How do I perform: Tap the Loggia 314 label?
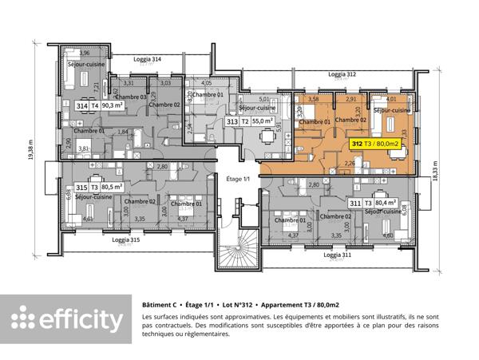[x=147, y=59]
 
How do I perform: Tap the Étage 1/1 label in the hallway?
[x=238, y=179]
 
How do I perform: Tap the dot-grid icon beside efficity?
[x=22, y=318]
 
